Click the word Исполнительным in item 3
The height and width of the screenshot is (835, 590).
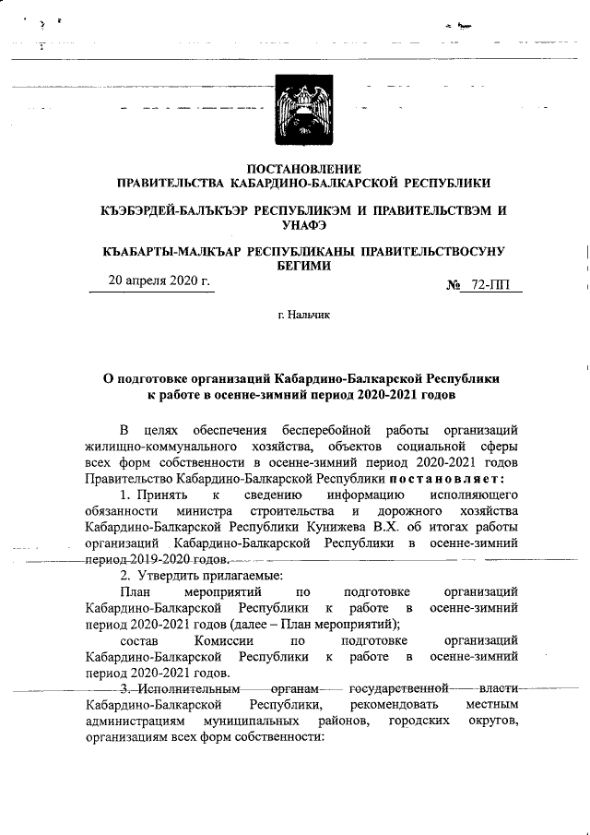tap(186, 689)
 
